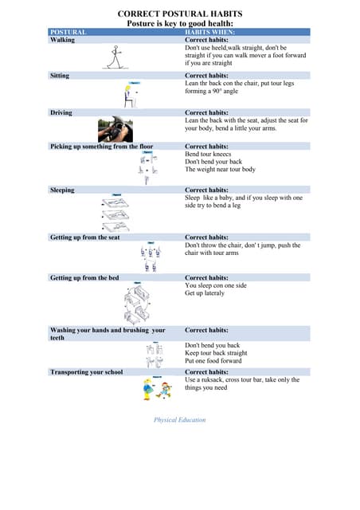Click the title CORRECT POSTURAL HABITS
180,14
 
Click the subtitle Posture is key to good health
179,24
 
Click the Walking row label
63,39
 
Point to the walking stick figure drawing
115,57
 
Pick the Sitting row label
60,76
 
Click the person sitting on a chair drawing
130,95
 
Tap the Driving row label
61,113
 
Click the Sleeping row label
62,190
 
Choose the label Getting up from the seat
85,237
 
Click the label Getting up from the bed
84,278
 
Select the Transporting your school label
86,372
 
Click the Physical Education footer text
179,420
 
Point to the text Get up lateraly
205,293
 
